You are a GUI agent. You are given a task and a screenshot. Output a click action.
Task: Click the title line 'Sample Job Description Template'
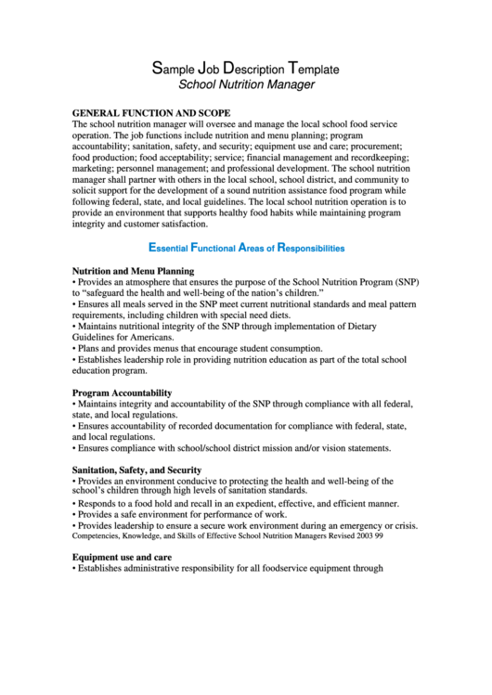coord(246,69)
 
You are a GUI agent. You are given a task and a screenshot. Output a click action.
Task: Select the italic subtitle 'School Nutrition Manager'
coord(246,84)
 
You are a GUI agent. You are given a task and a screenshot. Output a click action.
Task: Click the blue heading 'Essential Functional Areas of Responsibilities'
coord(246,248)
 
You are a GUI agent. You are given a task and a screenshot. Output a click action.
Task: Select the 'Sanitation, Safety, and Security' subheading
coord(136,470)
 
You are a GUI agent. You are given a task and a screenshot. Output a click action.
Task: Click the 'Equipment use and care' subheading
coord(122,558)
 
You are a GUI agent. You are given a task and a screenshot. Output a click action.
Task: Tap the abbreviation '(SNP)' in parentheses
coord(403,281)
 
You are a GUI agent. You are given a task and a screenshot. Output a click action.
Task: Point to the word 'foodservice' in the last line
coord(287,569)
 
